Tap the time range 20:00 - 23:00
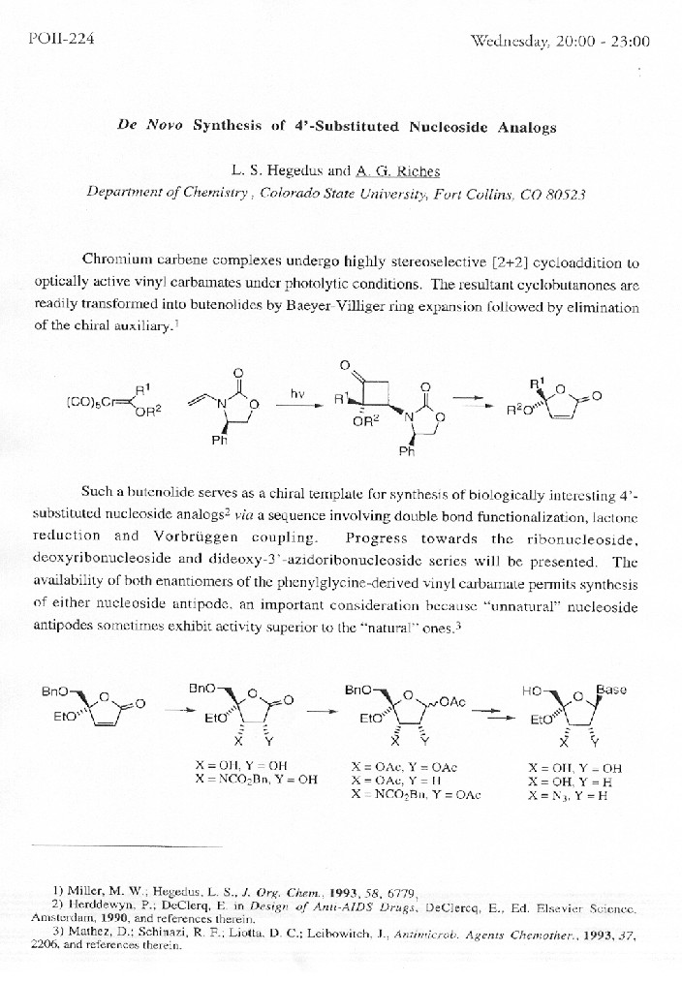click(612, 42)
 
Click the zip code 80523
click(562, 192)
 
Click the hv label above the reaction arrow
click(298, 394)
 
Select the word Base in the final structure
click(611, 690)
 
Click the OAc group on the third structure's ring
click(451, 701)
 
